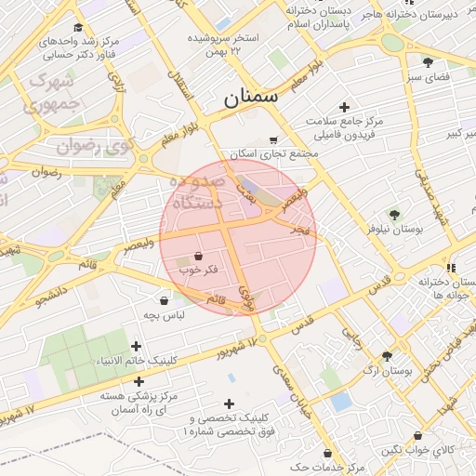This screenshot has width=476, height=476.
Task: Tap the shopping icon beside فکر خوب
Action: coord(198,256)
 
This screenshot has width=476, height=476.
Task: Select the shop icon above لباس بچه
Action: coord(165,300)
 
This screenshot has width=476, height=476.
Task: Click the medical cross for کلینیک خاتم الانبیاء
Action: coord(138,346)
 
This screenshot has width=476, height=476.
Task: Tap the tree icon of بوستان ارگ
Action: coord(386,356)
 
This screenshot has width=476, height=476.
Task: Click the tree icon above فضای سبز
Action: coord(428,62)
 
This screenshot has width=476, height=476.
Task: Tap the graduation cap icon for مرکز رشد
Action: coord(78,28)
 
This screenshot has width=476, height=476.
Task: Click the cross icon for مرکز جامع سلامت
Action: coord(345,108)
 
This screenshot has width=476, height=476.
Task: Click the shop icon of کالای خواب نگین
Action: coord(418,436)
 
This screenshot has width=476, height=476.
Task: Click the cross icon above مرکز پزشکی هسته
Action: coord(139,380)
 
